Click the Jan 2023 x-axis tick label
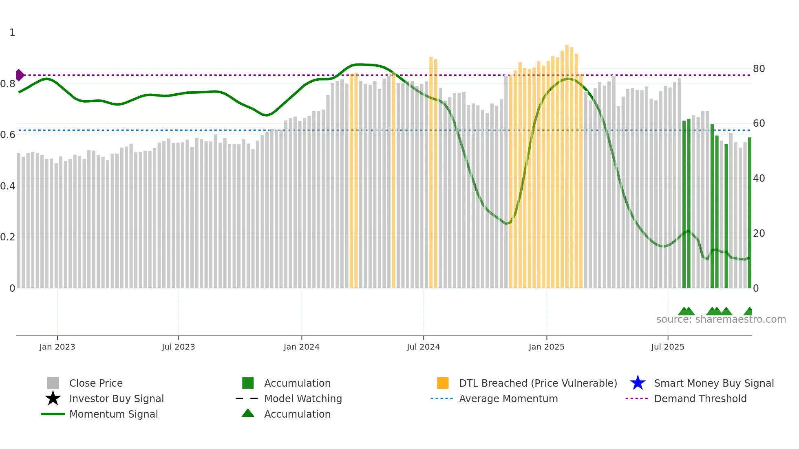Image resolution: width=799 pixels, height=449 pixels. [x=57, y=347]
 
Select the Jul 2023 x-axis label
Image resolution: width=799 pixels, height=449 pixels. [x=178, y=347]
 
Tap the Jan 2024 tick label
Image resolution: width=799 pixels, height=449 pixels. [x=301, y=347]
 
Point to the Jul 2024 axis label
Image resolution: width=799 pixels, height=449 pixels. [x=423, y=347]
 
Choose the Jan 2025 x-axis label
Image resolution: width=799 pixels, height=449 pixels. [x=546, y=347]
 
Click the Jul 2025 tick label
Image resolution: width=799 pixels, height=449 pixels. [x=667, y=347]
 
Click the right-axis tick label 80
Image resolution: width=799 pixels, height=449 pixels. [x=759, y=68]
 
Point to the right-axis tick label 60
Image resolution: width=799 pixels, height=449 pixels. [x=759, y=123]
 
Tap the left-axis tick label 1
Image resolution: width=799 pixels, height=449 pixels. [x=12, y=33]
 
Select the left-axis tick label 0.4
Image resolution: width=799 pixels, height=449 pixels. [x=8, y=186]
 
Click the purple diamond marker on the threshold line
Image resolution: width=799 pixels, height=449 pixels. [x=20, y=75]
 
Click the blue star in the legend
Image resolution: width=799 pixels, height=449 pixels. [x=638, y=383]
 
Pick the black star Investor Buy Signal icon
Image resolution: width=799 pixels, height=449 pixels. [x=53, y=398]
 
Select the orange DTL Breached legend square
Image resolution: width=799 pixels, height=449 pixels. [x=443, y=383]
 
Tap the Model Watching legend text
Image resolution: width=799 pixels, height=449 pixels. [x=303, y=398]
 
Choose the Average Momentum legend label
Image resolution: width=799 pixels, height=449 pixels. [x=508, y=398]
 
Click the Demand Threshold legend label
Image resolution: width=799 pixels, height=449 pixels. [x=700, y=398]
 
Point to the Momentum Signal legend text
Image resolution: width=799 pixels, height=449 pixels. [x=113, y=414]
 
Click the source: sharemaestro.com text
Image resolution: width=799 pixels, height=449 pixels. [x=721, y=319]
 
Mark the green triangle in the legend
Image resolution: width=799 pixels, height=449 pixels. [x=248, y=413]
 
